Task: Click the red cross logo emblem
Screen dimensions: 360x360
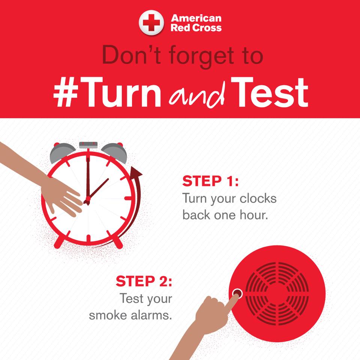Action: [151, 22]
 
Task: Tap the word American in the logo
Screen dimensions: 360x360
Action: [196, 18]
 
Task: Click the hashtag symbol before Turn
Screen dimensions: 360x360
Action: [66, 92]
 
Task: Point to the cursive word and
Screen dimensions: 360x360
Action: [196, 95]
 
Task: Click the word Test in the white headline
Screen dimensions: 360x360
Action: [269, 92]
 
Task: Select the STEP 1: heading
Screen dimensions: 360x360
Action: [210, 181]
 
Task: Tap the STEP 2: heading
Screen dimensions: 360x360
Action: [144, 281]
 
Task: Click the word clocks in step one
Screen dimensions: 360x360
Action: [258, 198]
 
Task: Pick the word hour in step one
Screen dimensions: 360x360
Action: [254, 215]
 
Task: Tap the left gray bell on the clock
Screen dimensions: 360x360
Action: [62, 152]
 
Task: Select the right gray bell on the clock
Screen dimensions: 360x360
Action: [115, 152]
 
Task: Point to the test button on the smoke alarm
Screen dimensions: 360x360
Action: [237, 294]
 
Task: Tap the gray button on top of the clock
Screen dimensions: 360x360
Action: [88, 145]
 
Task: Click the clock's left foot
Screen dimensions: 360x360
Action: [59, 242]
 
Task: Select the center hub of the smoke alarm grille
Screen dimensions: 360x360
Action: [277, 294]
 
